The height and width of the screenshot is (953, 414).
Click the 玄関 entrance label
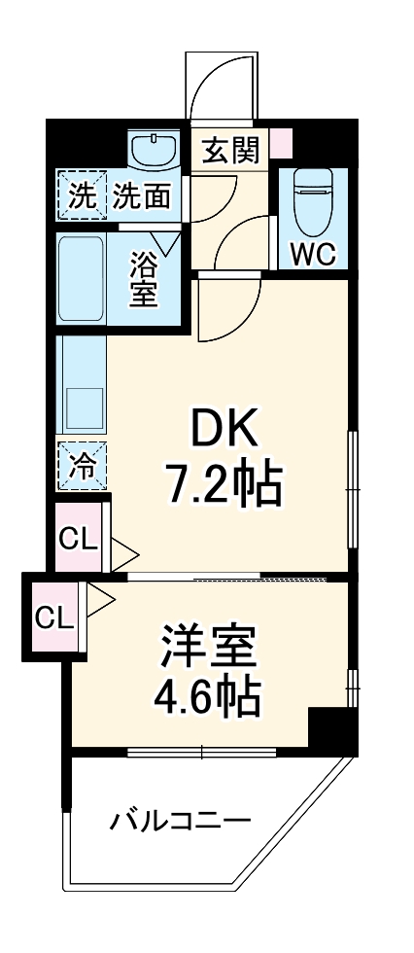230,151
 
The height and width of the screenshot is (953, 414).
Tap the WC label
312,255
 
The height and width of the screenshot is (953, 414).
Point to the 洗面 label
142,196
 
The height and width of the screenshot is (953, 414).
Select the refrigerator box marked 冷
82,466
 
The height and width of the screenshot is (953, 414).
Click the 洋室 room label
208,648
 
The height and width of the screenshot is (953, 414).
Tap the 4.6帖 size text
208,696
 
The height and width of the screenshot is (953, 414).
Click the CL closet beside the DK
79,537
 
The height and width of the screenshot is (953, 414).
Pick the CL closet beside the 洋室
54,617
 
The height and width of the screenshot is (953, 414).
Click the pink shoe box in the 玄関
280,144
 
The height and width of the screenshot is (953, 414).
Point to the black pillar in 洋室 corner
330,728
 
